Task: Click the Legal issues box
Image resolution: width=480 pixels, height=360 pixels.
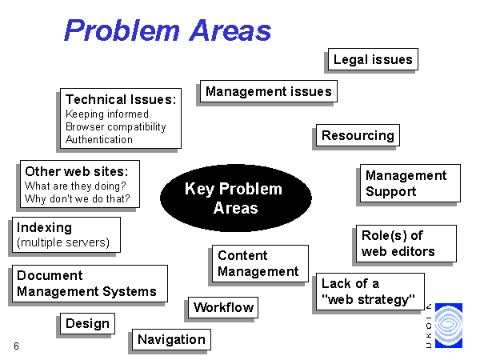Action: click(373, 59)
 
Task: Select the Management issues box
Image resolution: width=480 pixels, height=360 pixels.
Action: click(269, 91)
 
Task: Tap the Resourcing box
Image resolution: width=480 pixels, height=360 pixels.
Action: click(358, 135)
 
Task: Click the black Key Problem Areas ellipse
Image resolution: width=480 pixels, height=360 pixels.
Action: click(236, 198)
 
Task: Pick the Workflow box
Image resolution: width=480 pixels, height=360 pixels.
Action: click(223, 307)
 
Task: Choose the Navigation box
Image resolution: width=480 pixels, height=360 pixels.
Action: click(171, 339)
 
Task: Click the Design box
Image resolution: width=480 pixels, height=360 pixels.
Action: click(87, 323)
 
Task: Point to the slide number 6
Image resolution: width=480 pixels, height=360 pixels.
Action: click(16, 346)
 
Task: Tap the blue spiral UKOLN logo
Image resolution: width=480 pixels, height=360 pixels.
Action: click(449, 326)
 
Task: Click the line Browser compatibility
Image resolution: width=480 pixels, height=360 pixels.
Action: click(116, 126)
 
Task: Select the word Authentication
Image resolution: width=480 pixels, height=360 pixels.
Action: click(99, 139)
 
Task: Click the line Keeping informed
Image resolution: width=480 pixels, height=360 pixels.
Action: click(107, 114)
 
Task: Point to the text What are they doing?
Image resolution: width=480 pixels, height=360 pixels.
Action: click(75, 186)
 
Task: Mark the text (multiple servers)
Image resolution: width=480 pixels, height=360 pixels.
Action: click(63, 242)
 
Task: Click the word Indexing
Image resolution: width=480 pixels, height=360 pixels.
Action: click(44, 227)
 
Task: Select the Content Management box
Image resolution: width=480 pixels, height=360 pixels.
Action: click(260, 263)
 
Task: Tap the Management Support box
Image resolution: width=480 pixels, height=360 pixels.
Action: click(410, 183)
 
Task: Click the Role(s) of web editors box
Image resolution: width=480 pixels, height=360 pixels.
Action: click(406, 244)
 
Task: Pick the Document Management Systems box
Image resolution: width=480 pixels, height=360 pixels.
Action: click(90, 283)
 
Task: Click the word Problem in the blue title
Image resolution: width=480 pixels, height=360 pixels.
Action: click(122, 30)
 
